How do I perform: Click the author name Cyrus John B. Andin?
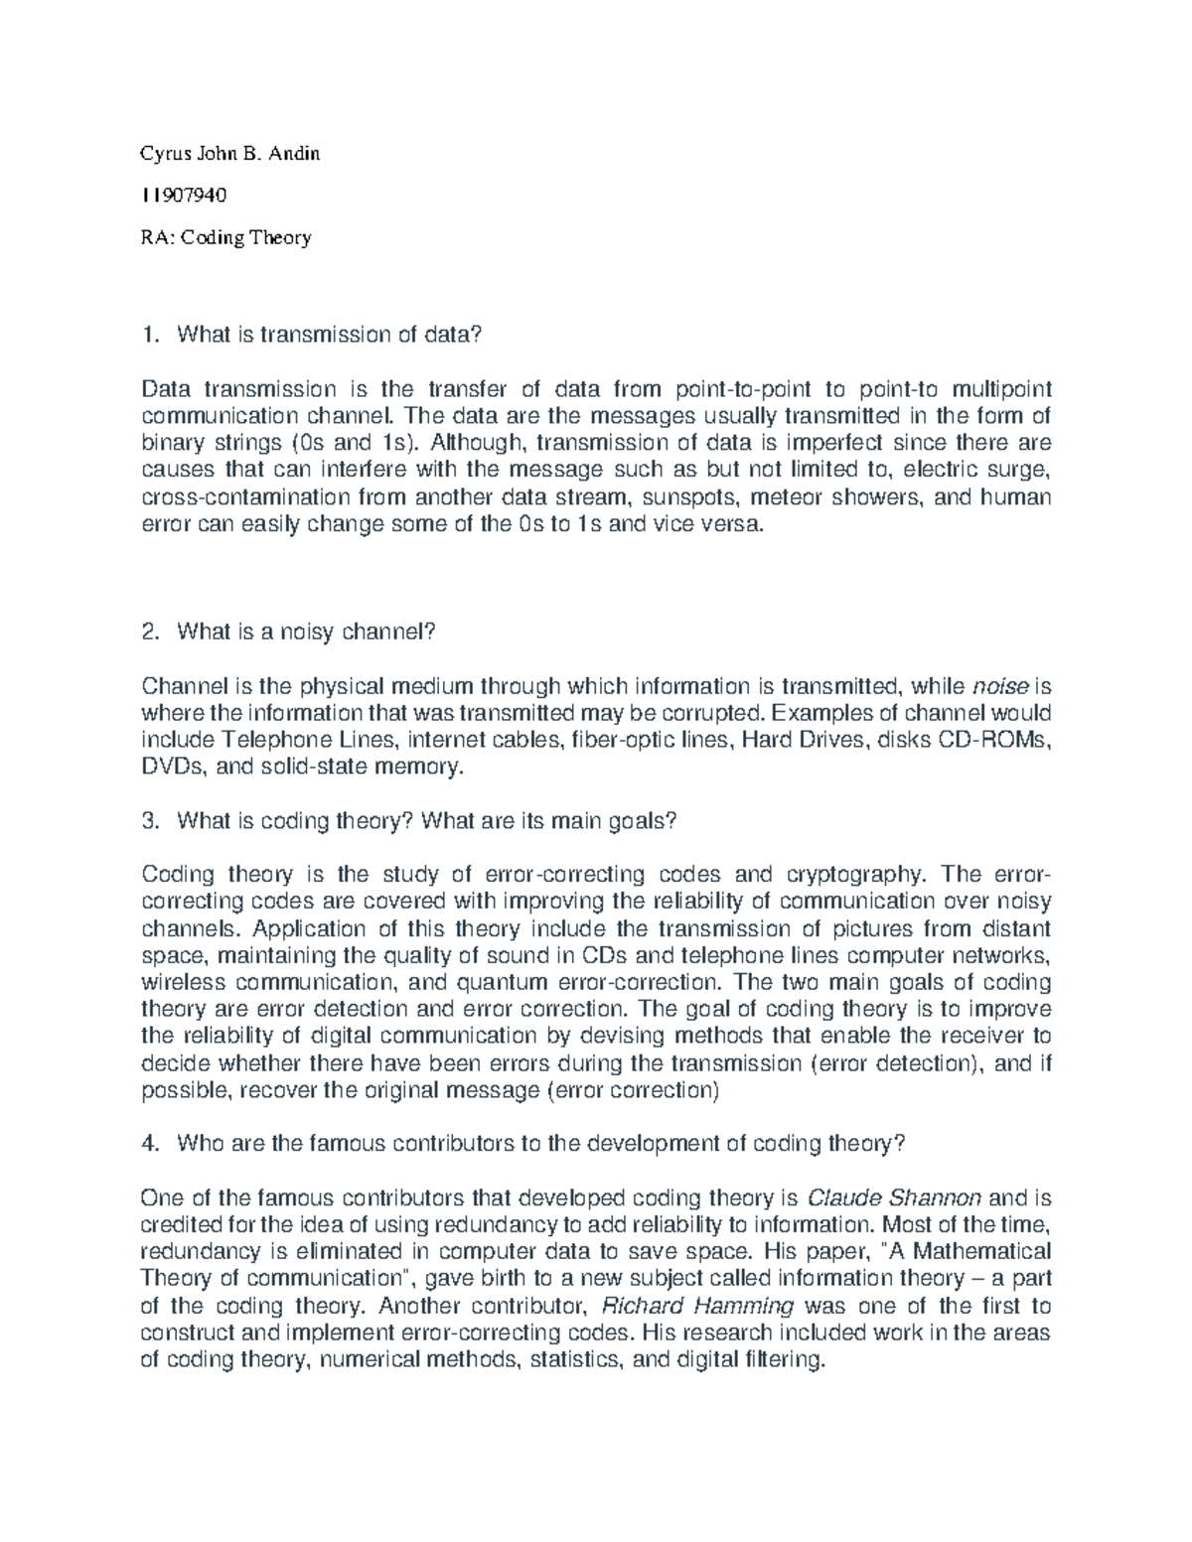coord(230,154)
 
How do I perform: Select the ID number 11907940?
coord(185,196)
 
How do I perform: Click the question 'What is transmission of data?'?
coord(329,336)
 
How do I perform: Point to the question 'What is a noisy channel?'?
coord(306,631)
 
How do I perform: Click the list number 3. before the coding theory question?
coord(151,821)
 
